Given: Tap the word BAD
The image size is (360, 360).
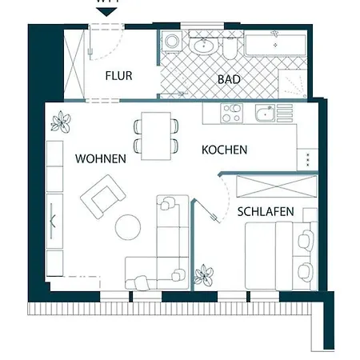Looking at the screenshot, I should point(230,79).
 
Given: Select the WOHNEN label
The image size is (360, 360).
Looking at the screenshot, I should point(101,158).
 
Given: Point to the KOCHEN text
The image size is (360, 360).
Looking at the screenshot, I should point(224,150).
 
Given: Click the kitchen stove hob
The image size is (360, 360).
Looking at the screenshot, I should point(232,114).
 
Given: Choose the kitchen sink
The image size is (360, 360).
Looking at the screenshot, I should point(264,114).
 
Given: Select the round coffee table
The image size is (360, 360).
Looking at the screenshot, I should point(129,227).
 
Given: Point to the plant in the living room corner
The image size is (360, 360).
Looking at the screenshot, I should point(60,122).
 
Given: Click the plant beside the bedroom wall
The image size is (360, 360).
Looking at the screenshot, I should point(205,275).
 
